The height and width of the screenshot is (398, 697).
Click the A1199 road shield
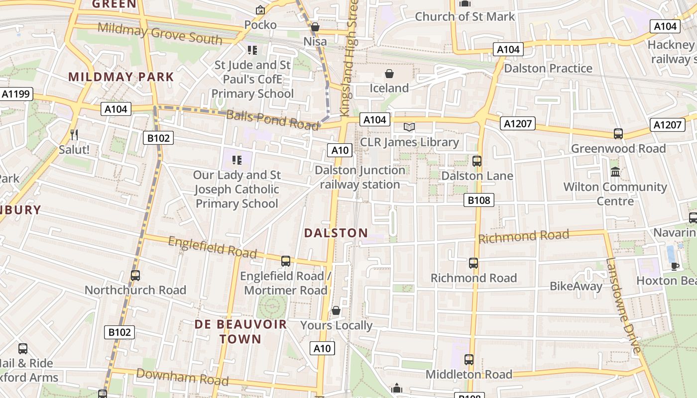[16, 94]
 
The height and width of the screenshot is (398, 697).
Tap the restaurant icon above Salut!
[74, 134]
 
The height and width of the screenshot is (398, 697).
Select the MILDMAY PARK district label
[121, 77]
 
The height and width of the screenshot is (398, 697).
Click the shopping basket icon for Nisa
[315, 27]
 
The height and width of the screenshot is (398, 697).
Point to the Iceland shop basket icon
[389, 74]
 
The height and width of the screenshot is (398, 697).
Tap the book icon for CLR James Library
[409, 127]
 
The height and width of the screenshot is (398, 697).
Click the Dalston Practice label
[548, 68]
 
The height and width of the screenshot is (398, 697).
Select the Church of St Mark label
[465, 16]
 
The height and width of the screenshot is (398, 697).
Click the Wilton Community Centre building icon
[615, 172]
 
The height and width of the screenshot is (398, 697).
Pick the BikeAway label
[576, 286]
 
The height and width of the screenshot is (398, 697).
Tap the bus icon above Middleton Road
[468, 359]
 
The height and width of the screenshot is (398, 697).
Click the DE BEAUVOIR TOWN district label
[240, 332]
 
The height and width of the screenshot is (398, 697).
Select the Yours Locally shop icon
[336, 310]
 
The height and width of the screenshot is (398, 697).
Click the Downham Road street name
[182, 377]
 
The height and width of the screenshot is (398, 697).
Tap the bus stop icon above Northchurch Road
[135, 275]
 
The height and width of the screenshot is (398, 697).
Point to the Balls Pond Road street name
[272, 119]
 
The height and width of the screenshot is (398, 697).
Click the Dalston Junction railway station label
[360, 177]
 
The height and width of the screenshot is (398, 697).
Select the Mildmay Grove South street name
[160, 33]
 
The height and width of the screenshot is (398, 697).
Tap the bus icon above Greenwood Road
[618, 133]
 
